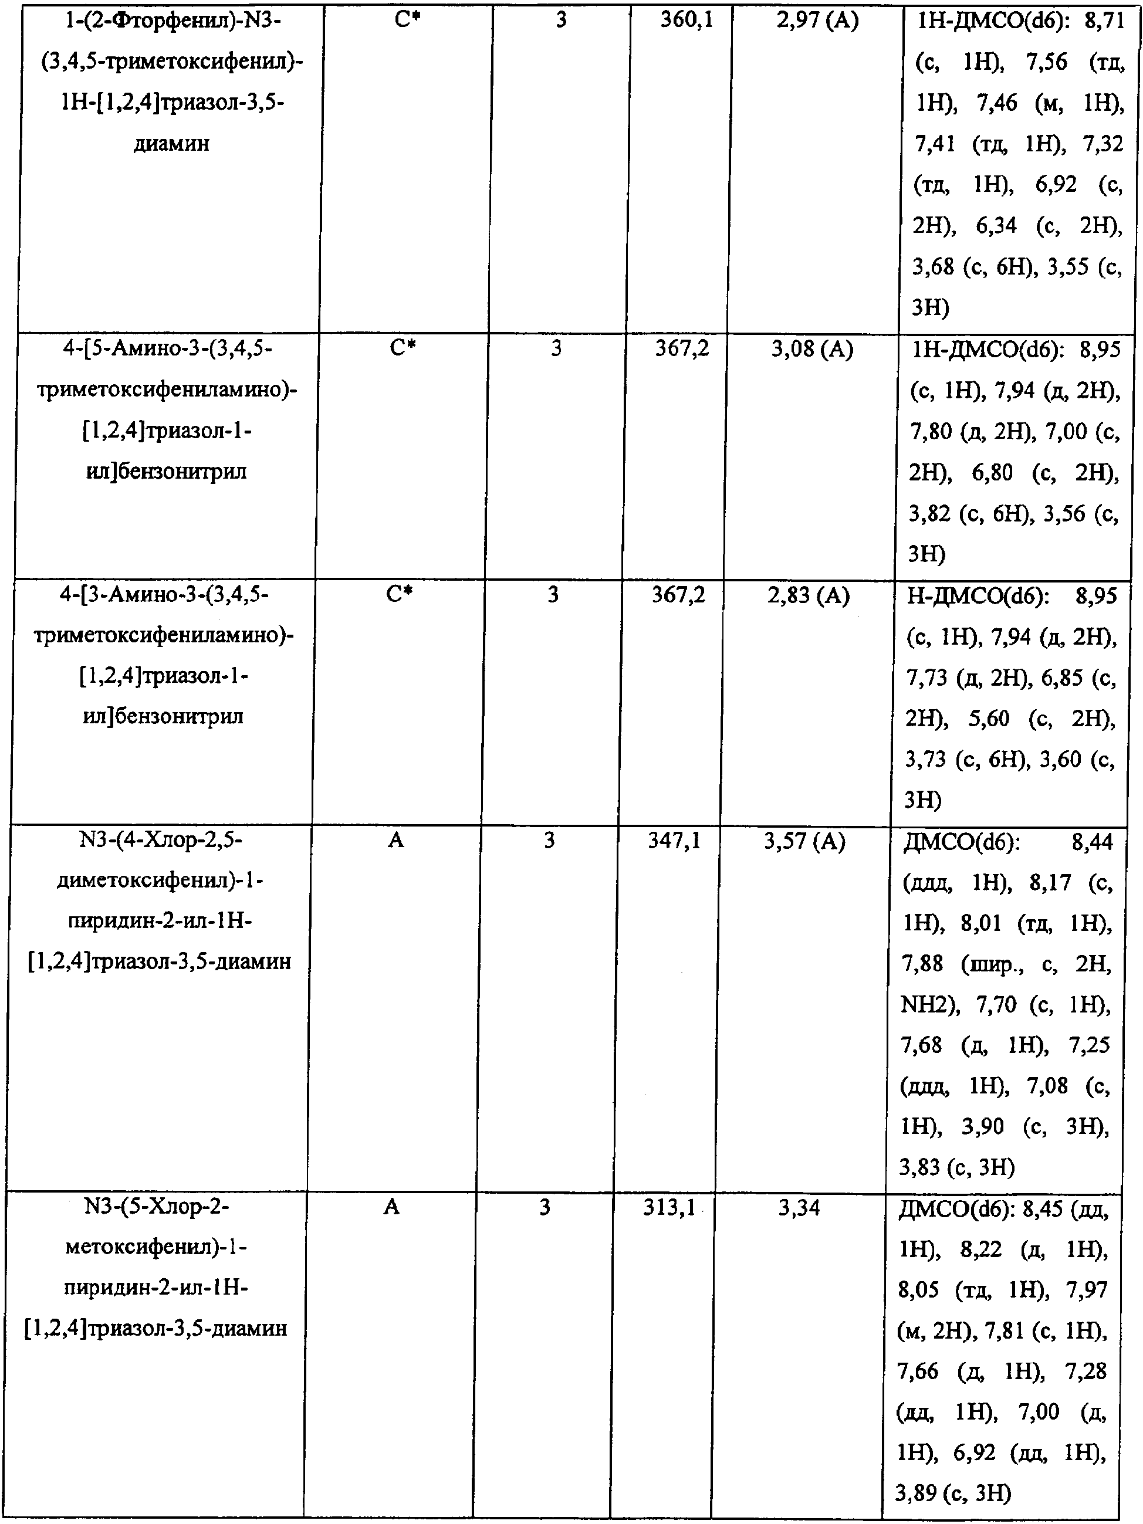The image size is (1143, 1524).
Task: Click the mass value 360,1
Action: pos(687,21)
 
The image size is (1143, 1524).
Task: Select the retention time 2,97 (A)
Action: pos(817,21)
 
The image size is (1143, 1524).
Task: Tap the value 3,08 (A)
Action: pos(811,350)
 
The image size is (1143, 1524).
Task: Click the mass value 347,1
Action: pos(674,841)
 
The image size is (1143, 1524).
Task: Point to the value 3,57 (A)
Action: pos(804,841)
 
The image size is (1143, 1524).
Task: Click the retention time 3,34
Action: pos(799,1208)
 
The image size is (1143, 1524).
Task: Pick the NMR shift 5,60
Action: pos(989,719)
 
